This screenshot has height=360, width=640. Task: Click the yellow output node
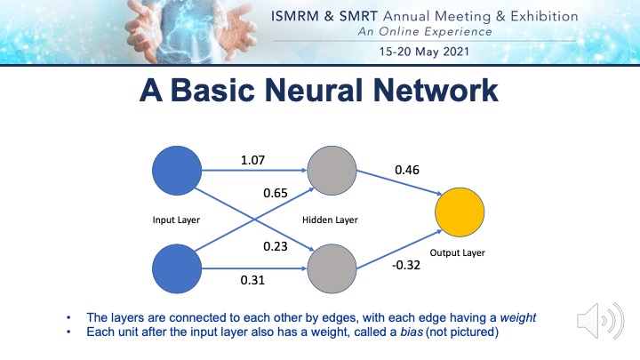(x=460, y=212)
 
